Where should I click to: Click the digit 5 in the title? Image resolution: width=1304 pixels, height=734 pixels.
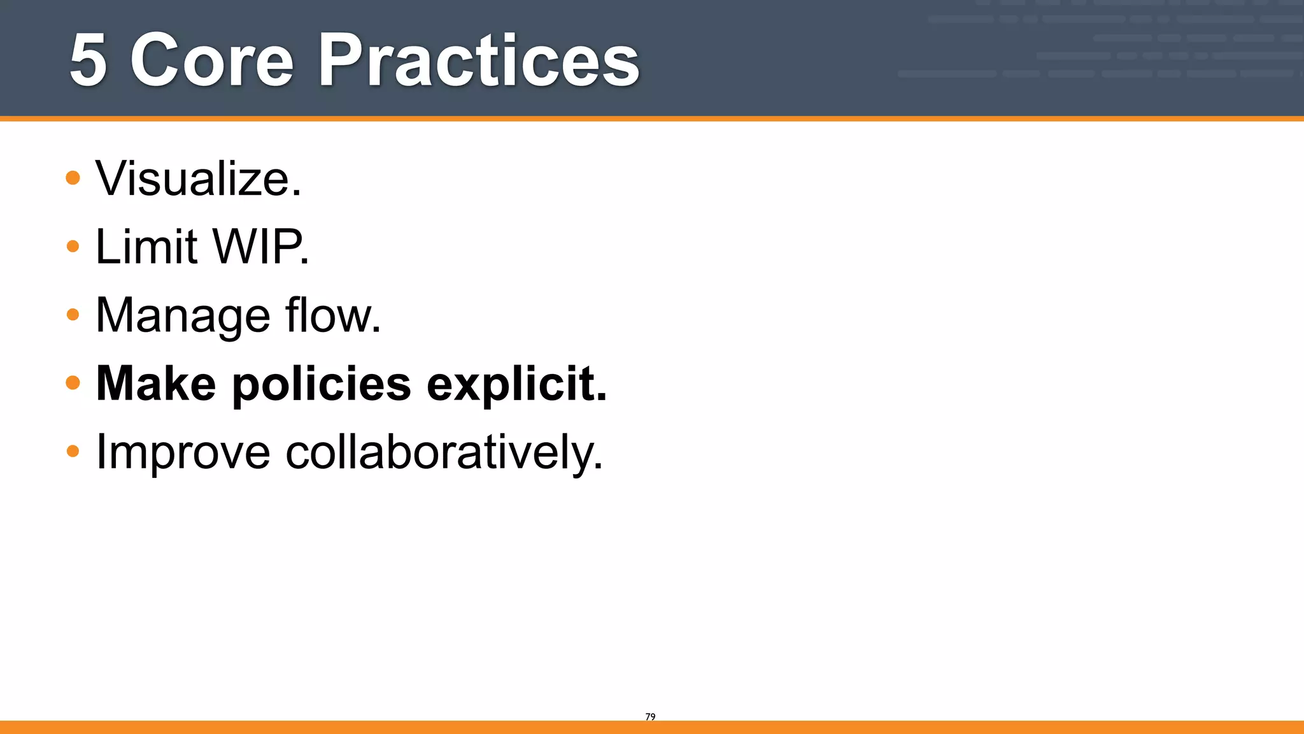pyautogui.click(x=88, y=61)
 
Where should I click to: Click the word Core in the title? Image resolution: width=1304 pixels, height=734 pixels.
pyautogui.click(x=212, y=61)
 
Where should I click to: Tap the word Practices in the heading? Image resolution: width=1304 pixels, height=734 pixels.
pyautogui.click(x=479, y=61)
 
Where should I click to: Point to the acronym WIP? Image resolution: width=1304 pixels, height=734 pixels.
pyautogui.click(x=258, y=247)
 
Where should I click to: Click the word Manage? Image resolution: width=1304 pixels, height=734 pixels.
pyautogui.click(x=183, y=315)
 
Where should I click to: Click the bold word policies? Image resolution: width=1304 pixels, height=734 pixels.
pyautogui.click(x=322, y=385)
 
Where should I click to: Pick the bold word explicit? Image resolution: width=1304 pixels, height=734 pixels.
pyautogui.click(x=513, y=385)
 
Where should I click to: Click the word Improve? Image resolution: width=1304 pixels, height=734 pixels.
pyautogui.click(x=183, y=453)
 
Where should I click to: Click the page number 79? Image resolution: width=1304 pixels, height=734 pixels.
pyautogui.click(x=650, y=717)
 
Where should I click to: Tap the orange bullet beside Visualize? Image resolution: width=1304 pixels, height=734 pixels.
pyautogui.click(x=73, y=178)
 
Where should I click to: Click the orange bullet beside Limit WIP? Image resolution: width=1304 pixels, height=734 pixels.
pyautogui.click(x=73, y=246)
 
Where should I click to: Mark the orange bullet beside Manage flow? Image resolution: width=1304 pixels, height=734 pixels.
pyautogui.click(x=73, y=314)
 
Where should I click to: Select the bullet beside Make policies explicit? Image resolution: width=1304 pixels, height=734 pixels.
pyautogui.click(x=73, y=382)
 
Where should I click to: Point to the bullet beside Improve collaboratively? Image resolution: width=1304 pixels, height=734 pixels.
pyautogui.click(x=73, y=451)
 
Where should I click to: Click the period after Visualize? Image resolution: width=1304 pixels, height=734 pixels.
pyautogui.click(x=297, y=194)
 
